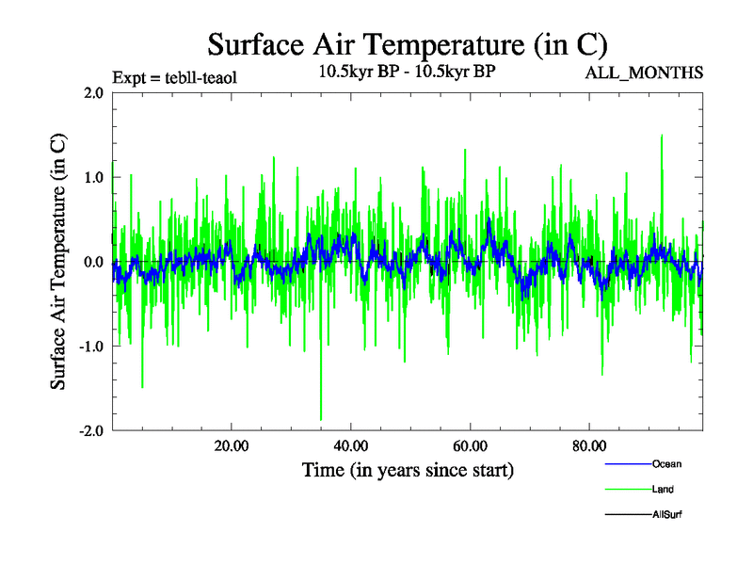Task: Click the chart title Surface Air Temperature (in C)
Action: (407, 44)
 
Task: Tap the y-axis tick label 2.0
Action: (91, 92)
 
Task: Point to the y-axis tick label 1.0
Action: (91, 177)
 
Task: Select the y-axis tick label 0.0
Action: (91, 262)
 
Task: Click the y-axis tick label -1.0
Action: (89, 347)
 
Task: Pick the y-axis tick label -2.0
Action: (89, 430)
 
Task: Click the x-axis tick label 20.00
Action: (231, 444)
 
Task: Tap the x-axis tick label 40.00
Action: (350, 444)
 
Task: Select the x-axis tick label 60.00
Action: (470, 444)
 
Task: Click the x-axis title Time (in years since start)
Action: (408, 469)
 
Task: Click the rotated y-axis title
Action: (58, 263)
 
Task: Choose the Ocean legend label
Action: (665, 464)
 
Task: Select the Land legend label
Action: (663, 490)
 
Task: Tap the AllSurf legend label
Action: (666, 515)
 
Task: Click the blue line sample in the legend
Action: (626, 464)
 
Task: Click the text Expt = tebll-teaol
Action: (174, 77)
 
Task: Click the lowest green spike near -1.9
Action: (321, 418)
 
